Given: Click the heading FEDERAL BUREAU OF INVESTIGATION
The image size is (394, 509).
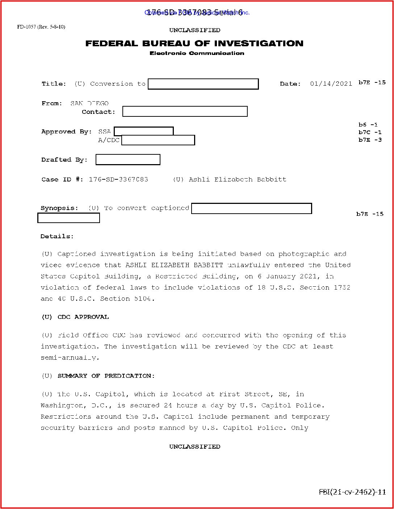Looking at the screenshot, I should coord(194,43).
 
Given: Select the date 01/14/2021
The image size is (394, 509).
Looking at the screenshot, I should coord(331,84).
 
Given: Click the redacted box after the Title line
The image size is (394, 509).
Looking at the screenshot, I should coord(203,84).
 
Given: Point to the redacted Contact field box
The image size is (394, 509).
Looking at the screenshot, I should coord(185,111).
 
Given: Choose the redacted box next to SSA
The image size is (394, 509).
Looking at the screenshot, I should coord(144,131).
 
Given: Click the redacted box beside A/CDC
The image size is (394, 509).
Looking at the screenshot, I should coord(158,140).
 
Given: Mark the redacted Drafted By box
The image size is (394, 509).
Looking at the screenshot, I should coord(128,159).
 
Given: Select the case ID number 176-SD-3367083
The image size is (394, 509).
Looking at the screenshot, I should coord(118,179).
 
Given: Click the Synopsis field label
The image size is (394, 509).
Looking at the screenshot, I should coord(59,208).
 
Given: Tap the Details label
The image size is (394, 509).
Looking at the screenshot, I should coord(57,236).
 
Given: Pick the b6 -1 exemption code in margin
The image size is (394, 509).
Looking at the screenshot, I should coord(368,124).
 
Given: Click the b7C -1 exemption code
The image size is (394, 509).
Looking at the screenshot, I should coord(370,132).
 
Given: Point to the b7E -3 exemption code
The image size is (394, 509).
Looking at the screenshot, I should coord(370,140).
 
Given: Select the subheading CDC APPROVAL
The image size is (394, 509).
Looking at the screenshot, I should coord(83,317).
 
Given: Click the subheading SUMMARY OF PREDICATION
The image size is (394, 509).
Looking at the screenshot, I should coord(106,376).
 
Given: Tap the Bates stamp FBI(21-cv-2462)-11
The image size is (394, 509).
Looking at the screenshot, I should coord(352,492).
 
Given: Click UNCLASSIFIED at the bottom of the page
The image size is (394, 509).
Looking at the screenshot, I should coord(194,446).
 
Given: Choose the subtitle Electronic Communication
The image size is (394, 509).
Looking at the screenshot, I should coord(197,53).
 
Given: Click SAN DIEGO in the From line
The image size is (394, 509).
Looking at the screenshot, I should coord(89,103).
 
